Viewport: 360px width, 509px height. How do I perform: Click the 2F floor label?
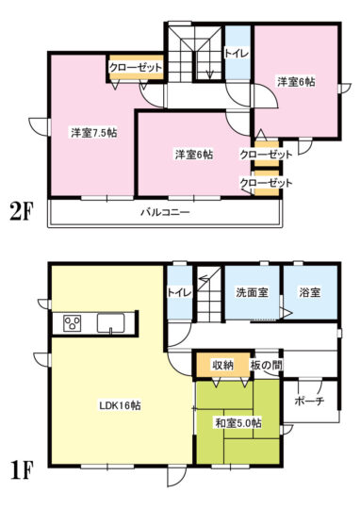[x=22, y=213]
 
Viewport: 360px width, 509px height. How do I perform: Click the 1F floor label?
[x=22, y=471]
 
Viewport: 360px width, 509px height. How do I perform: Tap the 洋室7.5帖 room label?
[x=94, y=133]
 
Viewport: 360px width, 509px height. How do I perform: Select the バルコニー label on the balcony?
[x=165, y=213]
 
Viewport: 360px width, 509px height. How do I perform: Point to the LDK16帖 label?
[x=120, y=405]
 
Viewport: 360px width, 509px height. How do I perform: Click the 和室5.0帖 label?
[x=238, y=423]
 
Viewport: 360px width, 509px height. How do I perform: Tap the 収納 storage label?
[x=223, y=365]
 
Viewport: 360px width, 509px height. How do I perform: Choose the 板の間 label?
[x=266, y=365]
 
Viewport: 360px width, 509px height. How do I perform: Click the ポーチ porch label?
[x=309, y=401]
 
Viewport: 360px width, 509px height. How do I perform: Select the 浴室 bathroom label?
[x=310, y=292]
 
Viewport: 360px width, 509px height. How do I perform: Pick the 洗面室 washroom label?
[x=252, y=292]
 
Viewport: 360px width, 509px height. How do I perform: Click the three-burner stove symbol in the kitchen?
[x=73, y=323]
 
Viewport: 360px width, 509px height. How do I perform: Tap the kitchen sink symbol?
[x=110, y=323]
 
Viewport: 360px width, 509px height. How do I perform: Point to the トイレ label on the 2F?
[x=237, y=54]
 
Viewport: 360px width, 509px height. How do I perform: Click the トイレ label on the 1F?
[x=180, y=292]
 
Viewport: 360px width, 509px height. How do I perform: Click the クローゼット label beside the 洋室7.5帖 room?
[x=136, y=68]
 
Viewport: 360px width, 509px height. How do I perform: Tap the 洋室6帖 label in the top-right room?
[x=296, y=81]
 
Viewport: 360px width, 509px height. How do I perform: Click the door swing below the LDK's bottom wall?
[x=177, y=477]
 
